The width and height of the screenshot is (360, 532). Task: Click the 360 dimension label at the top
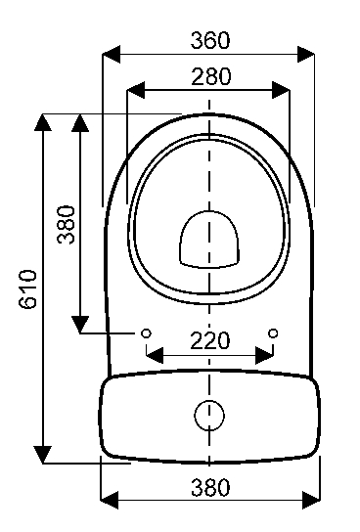210,40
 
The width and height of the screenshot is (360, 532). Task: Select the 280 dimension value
211,76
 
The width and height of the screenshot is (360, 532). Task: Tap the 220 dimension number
210,340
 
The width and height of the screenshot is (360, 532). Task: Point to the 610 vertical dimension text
27,289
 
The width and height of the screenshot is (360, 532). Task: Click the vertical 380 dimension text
66,224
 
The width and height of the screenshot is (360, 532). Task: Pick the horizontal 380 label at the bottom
210,488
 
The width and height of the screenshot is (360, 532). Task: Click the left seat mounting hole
146,333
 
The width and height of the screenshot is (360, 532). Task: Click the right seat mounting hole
273,333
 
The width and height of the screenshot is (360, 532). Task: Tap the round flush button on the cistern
209,416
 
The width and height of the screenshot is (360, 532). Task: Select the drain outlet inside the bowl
209,240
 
